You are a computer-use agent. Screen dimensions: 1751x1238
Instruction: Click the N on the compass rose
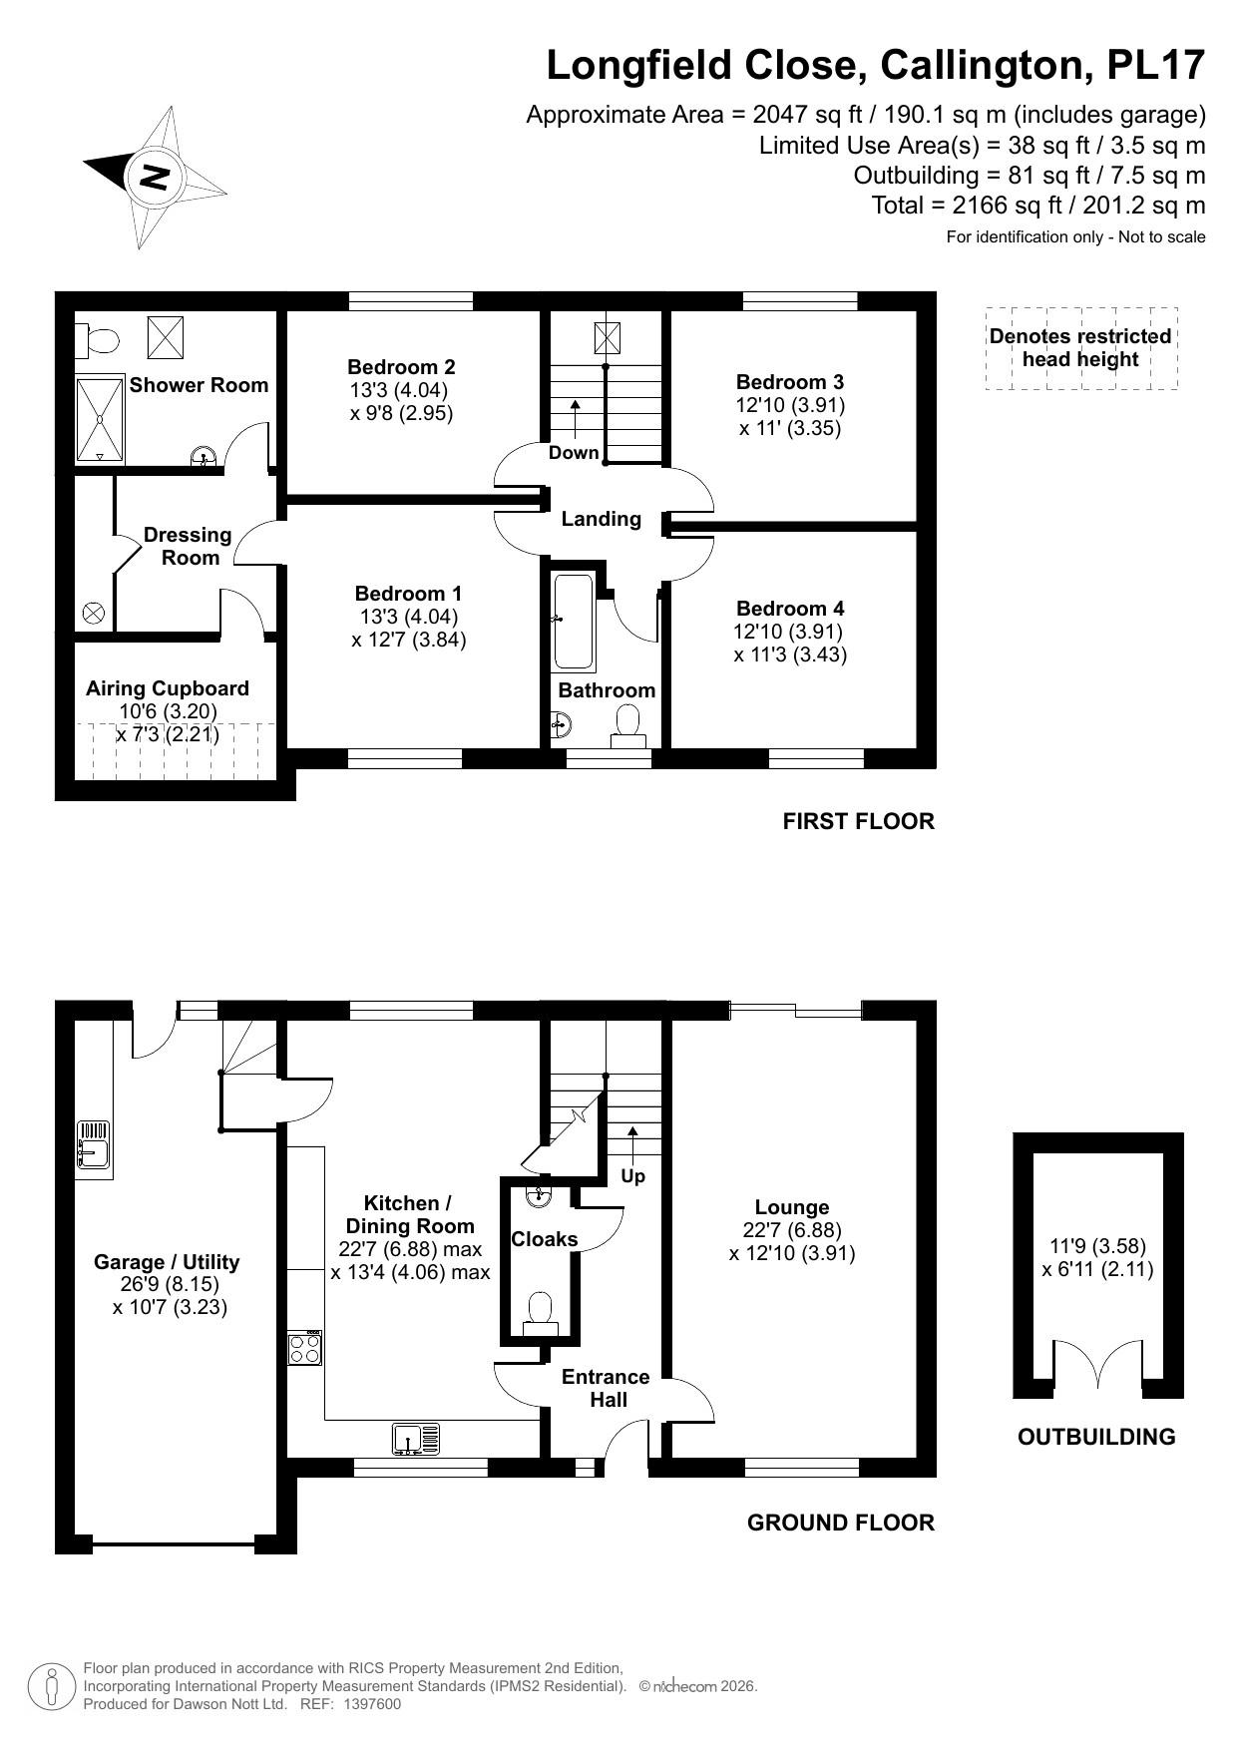(155, 178)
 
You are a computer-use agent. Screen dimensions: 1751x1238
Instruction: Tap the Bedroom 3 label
(789, 382)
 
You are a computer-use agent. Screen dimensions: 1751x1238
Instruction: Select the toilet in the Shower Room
(99, 340)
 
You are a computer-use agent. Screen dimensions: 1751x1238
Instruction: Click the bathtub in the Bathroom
(574, 621)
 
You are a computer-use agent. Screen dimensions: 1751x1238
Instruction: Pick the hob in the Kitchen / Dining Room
(305, 1349)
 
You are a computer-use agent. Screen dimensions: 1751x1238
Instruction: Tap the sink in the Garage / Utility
(94, 1144)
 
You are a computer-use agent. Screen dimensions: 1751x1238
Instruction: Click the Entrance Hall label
(606, 1388)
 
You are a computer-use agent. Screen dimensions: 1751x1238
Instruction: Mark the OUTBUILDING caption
(1096, 1437)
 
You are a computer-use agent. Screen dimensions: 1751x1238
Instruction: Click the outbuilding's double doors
(1098, 1365)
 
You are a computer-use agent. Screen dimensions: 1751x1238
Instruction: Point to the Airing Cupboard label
(168, 688)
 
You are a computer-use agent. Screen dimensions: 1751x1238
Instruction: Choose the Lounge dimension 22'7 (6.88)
(792, 1230)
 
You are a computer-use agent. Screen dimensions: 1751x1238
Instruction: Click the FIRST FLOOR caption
(858, 821)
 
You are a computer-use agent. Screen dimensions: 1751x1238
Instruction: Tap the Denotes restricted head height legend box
(1080, 348)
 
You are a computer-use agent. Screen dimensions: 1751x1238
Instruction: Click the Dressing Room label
(188, 546)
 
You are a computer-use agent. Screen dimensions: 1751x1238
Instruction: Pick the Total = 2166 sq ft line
(1037, 206)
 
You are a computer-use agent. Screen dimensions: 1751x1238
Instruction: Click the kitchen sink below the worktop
(416, 1439)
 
